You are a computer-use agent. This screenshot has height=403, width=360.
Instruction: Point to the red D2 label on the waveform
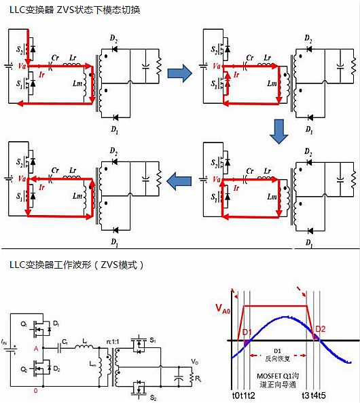point(320,331)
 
